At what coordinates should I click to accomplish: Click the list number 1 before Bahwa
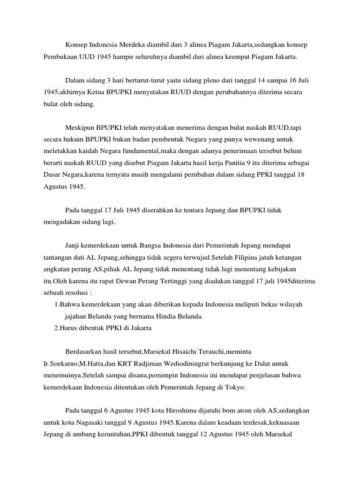pyautogui.click(x=57, y=305)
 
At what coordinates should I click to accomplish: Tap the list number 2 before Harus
pyautogui.click(x=57, y=329)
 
